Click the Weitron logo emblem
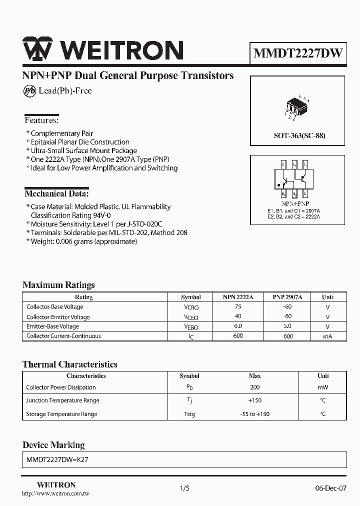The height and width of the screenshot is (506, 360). (x=38, y=50)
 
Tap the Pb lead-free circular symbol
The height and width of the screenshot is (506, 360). (x=29, y=90)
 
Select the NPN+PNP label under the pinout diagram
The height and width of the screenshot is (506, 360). (x=295, y=204)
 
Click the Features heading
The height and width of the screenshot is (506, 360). (x=41, y=120)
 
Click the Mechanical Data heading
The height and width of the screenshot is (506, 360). (x=56, y=193)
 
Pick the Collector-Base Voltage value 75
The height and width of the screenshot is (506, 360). (x=237, y=307)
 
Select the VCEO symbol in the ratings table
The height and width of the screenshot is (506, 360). (x=190, y=317)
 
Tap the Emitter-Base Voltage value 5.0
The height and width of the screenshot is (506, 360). (x=286, y=326)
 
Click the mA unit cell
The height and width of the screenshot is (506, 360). (x=327, y=336)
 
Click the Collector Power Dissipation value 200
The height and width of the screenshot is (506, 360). (x=254, y=387)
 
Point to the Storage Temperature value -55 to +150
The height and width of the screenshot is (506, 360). (x=254, y=414)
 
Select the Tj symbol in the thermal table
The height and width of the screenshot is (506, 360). (x=189, y=400)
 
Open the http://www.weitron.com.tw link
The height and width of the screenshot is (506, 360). (x=56, y=493)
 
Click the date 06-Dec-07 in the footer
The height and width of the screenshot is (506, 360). (x=330, y=488)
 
